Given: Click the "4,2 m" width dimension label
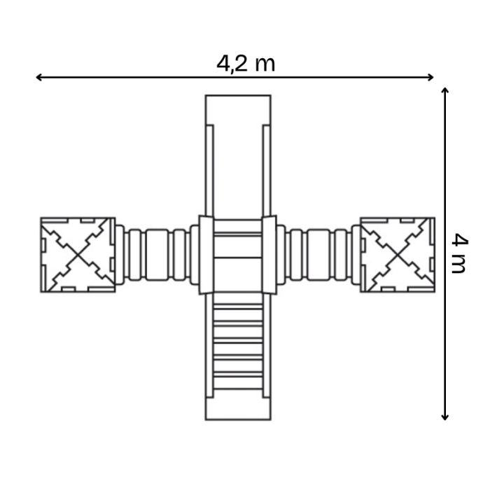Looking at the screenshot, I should click(x=246, y=63).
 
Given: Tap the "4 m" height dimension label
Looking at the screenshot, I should click(x=458, y=253).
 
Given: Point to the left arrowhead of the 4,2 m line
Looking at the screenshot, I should click(x=38, y=77).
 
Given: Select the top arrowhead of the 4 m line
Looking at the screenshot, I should click(x=445, y=90).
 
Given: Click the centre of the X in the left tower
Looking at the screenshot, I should click(x=78, y=255).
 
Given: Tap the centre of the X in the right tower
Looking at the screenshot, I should click(x=397, y=255).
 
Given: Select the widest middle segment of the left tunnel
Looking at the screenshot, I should click(x=157, y=255).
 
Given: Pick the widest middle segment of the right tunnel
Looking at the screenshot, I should click(x=318, y=255).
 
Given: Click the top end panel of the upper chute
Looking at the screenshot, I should click(x=238, y=108).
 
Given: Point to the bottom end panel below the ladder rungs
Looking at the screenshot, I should click(x=238, y=406).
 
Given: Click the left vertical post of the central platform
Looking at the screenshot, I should click(x=206, y=255).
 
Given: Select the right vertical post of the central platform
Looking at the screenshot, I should click(x=269, y=255).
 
